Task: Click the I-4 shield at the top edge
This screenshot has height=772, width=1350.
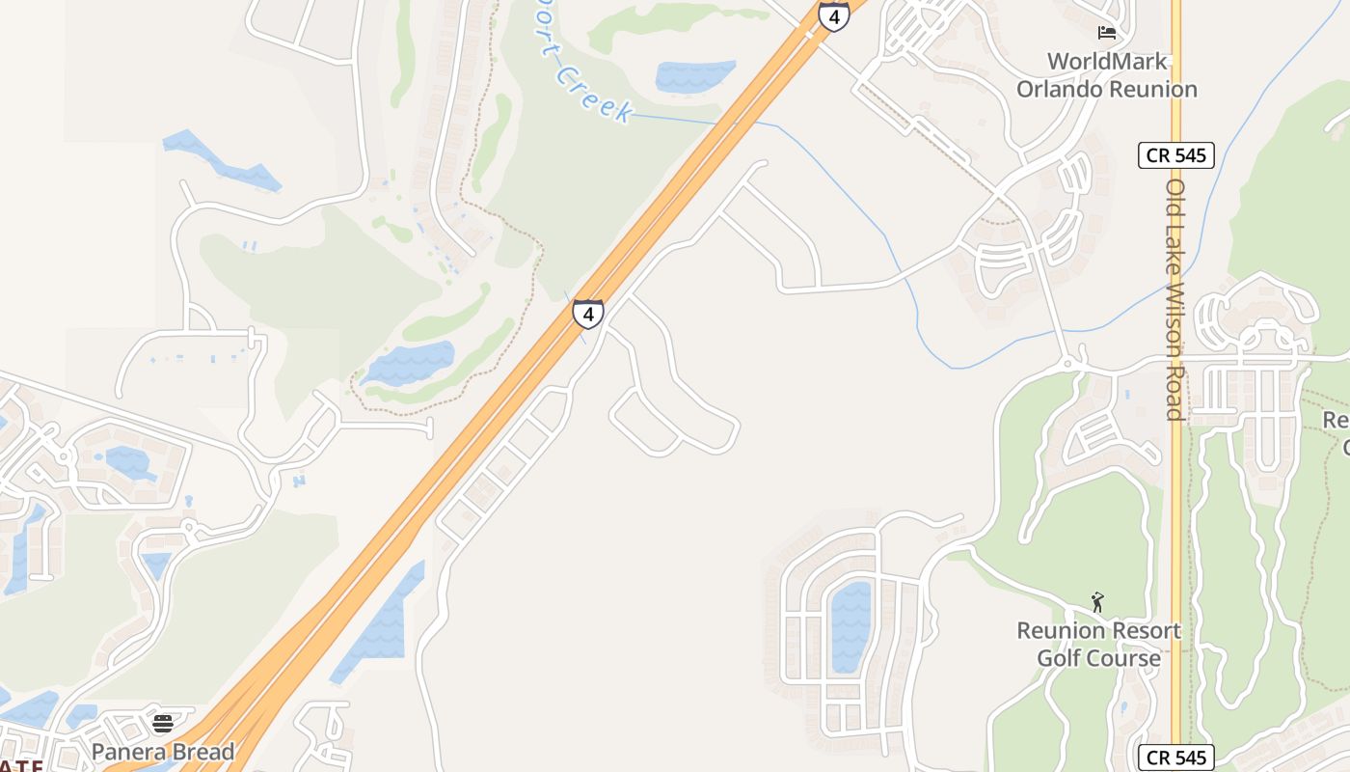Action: pos(833,15)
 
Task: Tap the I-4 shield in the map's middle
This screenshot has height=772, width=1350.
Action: pos(588,314)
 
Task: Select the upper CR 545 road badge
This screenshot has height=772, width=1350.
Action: pos(1175,154)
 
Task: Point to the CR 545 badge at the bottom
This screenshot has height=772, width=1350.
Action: pos(1175,758)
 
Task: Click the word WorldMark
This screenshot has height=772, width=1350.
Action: pos(1107,62)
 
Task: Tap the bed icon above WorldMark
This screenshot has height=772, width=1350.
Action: pos(1107,33)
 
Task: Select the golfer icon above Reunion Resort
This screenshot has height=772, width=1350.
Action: pos(1097,603)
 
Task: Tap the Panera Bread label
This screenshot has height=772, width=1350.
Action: pos(163,752)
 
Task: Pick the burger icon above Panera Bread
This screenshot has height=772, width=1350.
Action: pos(163,724)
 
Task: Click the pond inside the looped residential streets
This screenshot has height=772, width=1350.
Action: pos(850,626)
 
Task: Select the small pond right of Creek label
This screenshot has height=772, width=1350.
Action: pos(694,76)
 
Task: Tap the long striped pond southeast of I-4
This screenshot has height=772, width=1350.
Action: pos(382,623)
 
